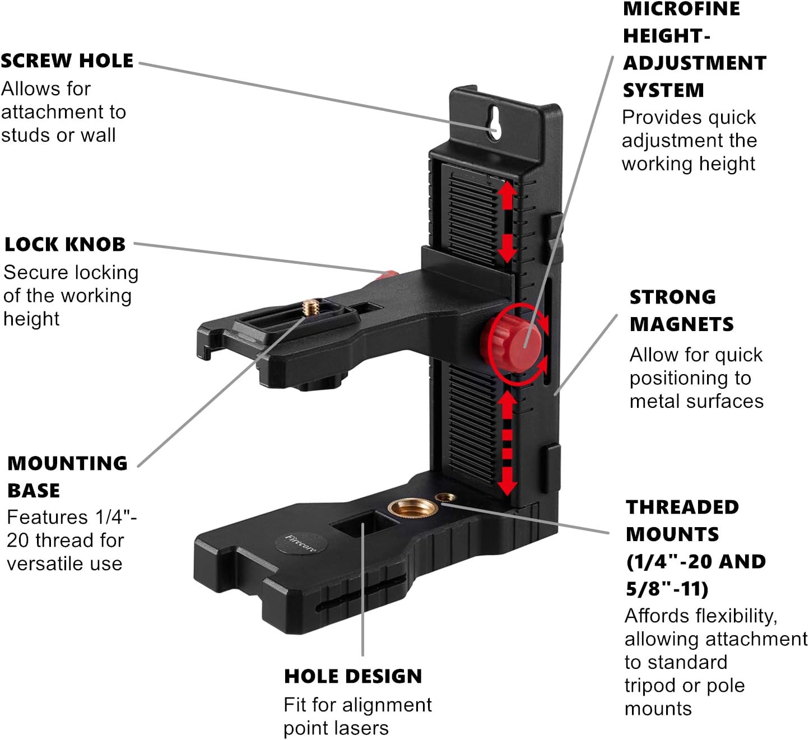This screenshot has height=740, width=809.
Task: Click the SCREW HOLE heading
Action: [x=67, y=60]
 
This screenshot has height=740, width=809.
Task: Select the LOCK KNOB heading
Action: [x=65, y=244]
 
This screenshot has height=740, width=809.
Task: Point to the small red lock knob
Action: [x=388, y=275]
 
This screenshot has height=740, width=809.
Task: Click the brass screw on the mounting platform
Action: [x=311, y=308]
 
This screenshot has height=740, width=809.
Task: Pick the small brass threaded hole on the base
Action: [x=445, y=497]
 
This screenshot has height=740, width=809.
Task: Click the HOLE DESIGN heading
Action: [x=353, y=676]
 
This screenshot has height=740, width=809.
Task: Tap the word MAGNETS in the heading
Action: [x=681, y=324]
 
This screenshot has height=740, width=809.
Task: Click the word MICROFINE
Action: [x=681, y=9]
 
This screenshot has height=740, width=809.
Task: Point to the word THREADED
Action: [x=682, y=507]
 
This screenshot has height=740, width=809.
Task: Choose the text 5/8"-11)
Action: [x=667, y=589]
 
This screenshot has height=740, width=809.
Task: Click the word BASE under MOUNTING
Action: [x=34, y=491]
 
